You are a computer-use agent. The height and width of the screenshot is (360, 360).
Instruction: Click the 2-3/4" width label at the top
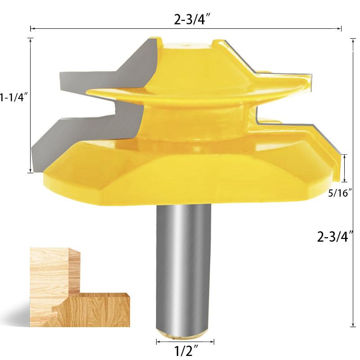tap(192, 19)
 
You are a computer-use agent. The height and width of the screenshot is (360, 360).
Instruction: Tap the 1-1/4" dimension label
tap(14, 97)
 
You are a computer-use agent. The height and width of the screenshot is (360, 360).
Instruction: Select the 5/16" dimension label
tap(340, 193)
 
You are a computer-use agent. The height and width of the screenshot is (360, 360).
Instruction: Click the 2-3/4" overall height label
tap(335, 237)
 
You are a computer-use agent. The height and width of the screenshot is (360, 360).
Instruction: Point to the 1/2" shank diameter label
tap(186, 351)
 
